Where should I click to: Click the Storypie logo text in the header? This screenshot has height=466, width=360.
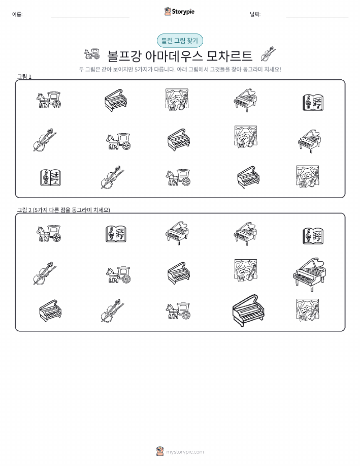[183, 12]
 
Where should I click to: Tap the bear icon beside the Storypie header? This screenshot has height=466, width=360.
[168, 11]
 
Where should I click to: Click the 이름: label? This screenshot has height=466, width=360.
[17, 14]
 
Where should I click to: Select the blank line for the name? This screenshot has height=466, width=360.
[90, 17]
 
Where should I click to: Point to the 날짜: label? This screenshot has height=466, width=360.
[255, 14]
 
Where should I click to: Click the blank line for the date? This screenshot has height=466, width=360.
[317, 17]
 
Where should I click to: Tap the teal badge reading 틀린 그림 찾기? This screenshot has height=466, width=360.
[180, 41]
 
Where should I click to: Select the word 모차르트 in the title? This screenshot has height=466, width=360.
[230, 56]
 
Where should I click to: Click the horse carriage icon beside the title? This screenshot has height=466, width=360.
[91, 54]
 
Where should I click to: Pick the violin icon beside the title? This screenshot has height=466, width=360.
[268, 54]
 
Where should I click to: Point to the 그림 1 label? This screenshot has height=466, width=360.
[24, 77]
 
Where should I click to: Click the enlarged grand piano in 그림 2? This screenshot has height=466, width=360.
[309, 274]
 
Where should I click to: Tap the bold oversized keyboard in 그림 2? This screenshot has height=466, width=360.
[248, 310]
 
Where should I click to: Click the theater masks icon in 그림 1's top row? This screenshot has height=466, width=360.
[177, 100]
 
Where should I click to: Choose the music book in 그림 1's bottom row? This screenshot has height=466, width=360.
[50, 177]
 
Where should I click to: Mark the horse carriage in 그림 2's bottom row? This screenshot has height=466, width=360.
[178, 311]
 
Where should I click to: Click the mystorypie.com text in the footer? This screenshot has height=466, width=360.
[185, 452]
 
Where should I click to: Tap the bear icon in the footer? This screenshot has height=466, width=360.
[160, 451]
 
